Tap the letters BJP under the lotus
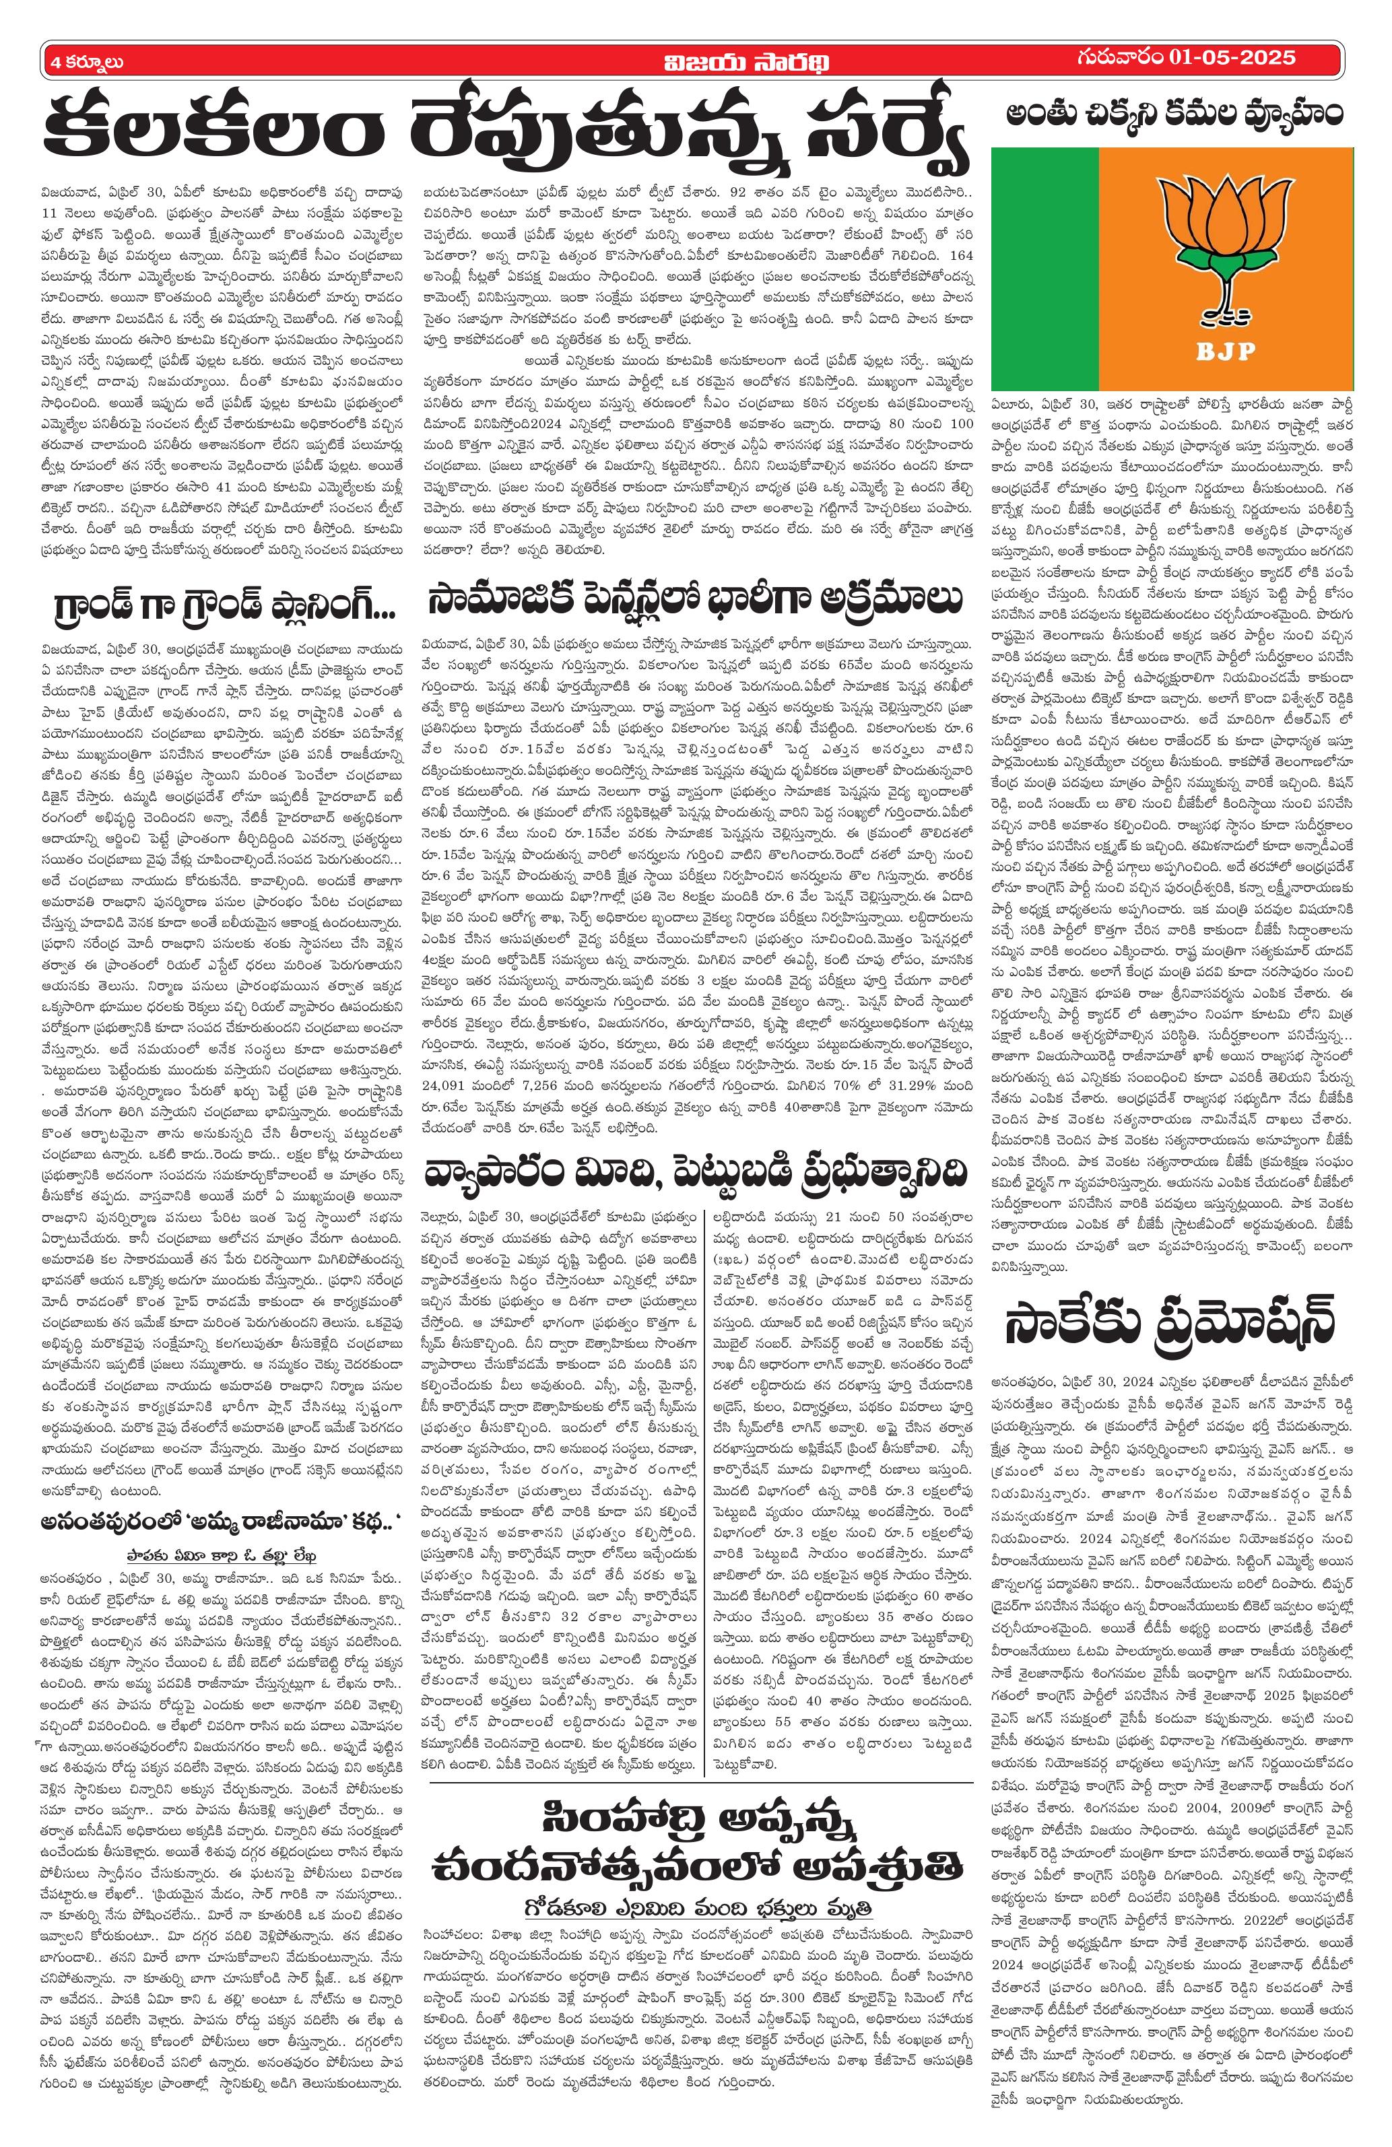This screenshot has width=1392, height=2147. point(1228,351)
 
